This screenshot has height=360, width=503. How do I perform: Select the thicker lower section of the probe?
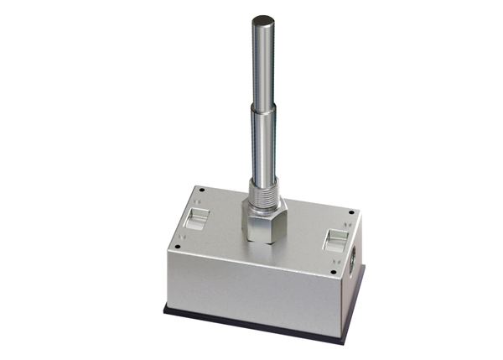[x=265, y=147]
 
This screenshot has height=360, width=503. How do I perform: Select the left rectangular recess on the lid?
[x=196, y=220]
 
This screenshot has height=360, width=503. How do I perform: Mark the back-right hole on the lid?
[x=350, y=211]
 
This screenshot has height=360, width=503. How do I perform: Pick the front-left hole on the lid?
[x=178, y=246]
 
